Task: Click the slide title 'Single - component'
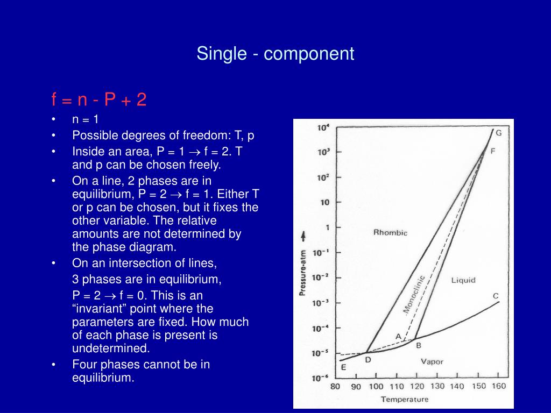tap(275, 54)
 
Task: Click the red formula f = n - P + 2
tap(99, 99)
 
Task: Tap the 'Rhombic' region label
tap(390, 232)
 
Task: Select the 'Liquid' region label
tap(463, 280)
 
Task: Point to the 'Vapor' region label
tap(432, 361)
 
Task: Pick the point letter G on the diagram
tap(498, 133)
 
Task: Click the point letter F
tap(493, 151)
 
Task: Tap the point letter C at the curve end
tap(496, 296)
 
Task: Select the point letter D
tap(368, 360)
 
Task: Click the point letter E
tap(343, 368)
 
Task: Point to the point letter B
tap(418, 345)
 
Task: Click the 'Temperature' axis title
tap(405, 399)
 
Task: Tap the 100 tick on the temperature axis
tap(376, 386)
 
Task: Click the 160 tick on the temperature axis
tap(498, 386)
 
